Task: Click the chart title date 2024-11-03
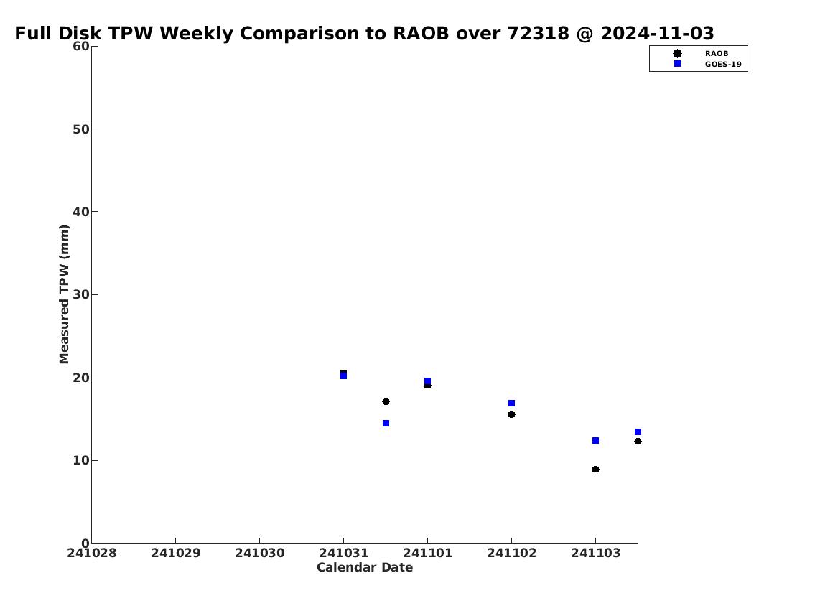coord(657,33)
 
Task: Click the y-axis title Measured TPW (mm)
coord(64,294)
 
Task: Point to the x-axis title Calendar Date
coord(364,567)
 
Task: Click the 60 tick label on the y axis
coord(81,46)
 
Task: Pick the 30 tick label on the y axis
coord(81,294)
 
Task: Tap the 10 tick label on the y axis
coord(81,460)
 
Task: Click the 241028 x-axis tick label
coord(92,553)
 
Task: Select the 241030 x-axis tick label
coord(260,553)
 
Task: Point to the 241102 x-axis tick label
coord(511,553)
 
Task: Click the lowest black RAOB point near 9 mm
coord(596,469)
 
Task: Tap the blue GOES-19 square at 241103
coord(596,441)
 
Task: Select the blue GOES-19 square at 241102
coord(511,404)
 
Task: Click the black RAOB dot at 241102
coord(511,414)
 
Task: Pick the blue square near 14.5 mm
coord(386,424)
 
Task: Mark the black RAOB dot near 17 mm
coord(386,401)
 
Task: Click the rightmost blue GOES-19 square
coord(638,432)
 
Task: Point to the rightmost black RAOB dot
coord(638,441)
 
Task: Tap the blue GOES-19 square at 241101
coord(427,381)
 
